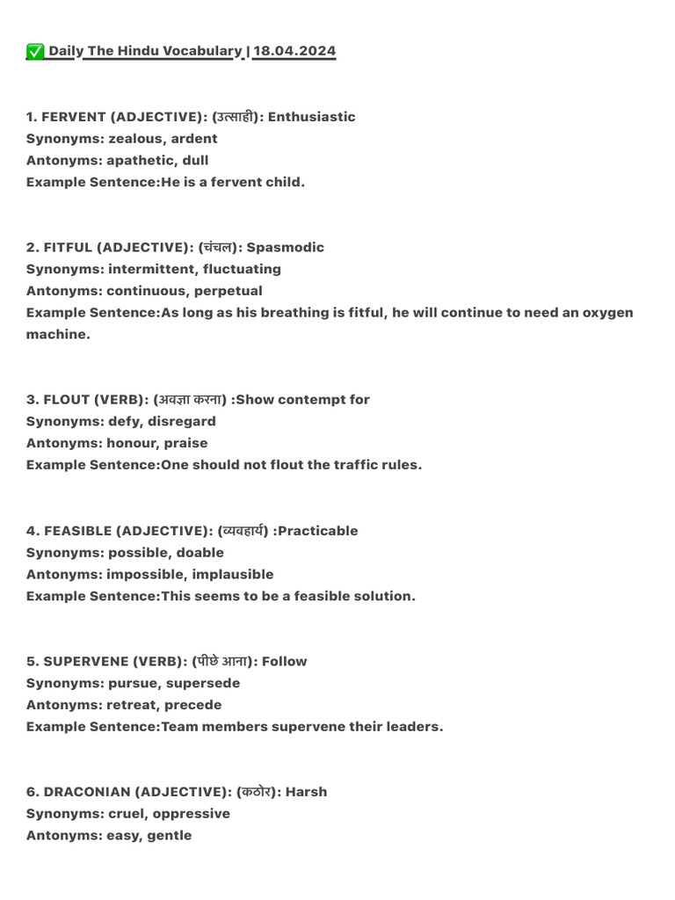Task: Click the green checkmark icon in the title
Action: (35, 52)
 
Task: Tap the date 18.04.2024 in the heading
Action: (294, 51)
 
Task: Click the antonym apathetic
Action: (140, 161)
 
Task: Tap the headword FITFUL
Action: (68, 248)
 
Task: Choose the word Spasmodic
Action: (285, 248)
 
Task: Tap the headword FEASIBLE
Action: (77, 531)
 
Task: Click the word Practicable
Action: (317, 531)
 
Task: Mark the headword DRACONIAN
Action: (86, 793)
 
